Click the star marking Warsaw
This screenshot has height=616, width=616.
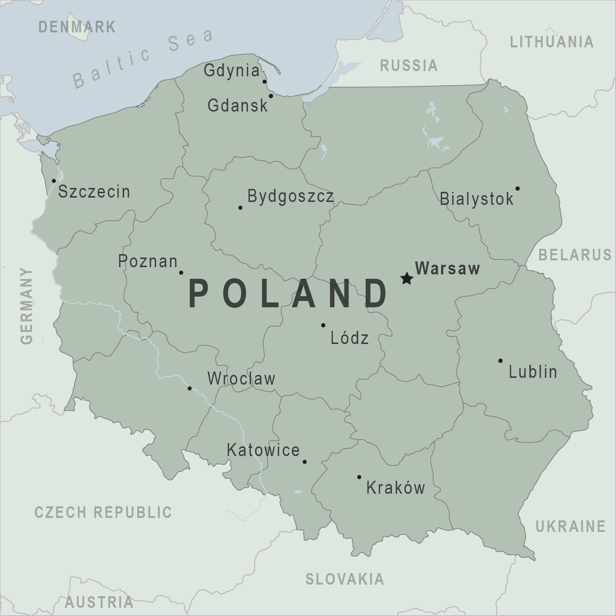[406, 278]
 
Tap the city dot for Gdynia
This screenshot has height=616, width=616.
[264, 82]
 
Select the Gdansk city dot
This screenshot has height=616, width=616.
[271, 96]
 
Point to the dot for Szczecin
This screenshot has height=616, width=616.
[54, 181]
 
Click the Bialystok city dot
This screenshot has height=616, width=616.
[517, 188]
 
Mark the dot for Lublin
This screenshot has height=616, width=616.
[501, 361]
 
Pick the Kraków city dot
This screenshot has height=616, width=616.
[359, 477]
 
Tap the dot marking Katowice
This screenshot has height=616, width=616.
[304, 461]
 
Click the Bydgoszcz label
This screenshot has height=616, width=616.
[290, 196]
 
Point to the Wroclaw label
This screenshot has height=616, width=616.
[241, 378]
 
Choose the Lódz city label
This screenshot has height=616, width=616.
[349, 338]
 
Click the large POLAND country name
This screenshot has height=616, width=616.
[288, 294]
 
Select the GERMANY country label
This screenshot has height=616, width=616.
[27, 306]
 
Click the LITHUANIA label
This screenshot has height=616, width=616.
[552, 42]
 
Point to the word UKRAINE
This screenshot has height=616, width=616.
[570, 526]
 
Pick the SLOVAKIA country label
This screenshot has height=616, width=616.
[345, 578]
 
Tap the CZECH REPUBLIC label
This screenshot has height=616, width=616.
[103, 512]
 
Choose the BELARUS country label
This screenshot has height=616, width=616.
[575, 255]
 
